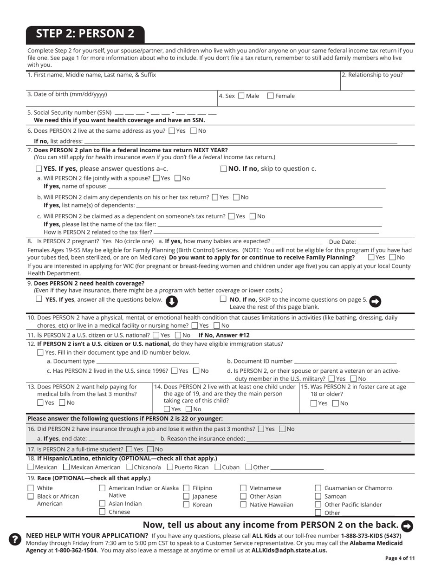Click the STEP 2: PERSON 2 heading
pos(85,33)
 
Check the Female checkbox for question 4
pos(270,96)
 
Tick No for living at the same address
pos(194,131)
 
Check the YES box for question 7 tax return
pos(39,169)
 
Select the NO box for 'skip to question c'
pos(223,169)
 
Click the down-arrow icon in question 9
pos(171,301)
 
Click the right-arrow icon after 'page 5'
pos(375,301)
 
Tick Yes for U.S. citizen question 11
pos(156,335)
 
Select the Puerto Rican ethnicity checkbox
pos(169,467)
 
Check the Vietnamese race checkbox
pos(243,488)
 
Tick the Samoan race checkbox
pos(318,497)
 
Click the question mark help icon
pos(15,539)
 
